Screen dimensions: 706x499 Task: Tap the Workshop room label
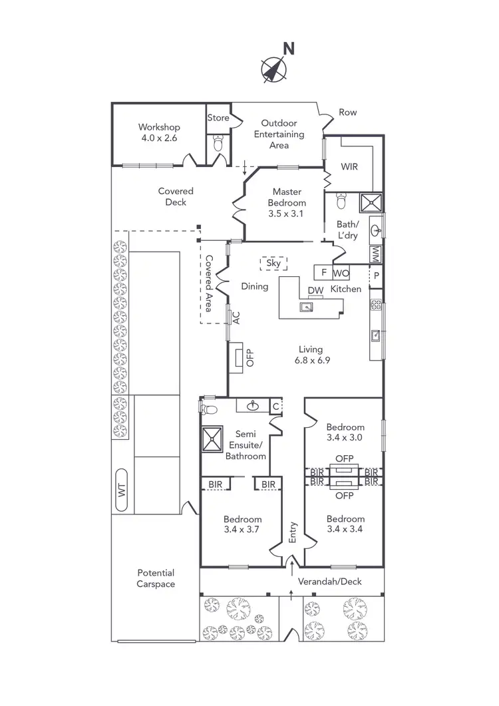(x=159, y=127)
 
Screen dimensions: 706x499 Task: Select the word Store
(x=218, y=118)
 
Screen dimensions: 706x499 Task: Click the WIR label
(x=349, y=166)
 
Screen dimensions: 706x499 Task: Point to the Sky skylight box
(x=274, y=264)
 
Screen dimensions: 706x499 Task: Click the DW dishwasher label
(x=315, y=290)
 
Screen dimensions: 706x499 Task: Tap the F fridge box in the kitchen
(x=323, y=272)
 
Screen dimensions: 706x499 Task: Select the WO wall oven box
(x=341, y=272)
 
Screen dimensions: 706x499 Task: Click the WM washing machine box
(x=376, y=254)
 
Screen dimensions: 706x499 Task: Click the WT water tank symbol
(x=122, y=492)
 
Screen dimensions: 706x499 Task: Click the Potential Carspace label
(x=156, y=578)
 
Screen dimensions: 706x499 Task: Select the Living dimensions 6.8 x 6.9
(x=311, y=360)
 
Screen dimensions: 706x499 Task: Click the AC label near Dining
(x=236, y=317)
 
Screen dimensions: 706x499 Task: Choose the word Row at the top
(x=348, y=112)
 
